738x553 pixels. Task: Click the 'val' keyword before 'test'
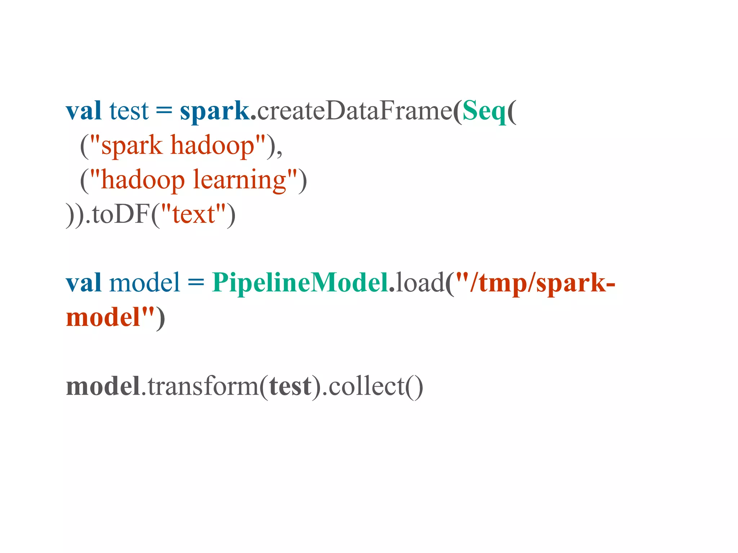click(x=83, y=111)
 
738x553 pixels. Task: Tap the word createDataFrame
click(x=354, y=111)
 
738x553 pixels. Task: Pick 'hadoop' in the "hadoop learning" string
click(x=143, y=180)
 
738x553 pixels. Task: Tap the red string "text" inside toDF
click(x=194, y=214)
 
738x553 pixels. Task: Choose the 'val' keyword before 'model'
click(x=83, y=283)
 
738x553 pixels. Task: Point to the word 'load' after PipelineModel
click(x=420, y=283)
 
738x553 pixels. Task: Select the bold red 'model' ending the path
click(x=103, y=317)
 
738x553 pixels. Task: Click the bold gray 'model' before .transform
click(x=103, y=386)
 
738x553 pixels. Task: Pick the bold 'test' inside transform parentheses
click(x=290, y=386)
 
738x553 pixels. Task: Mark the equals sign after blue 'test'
click(x=164, y=111)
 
